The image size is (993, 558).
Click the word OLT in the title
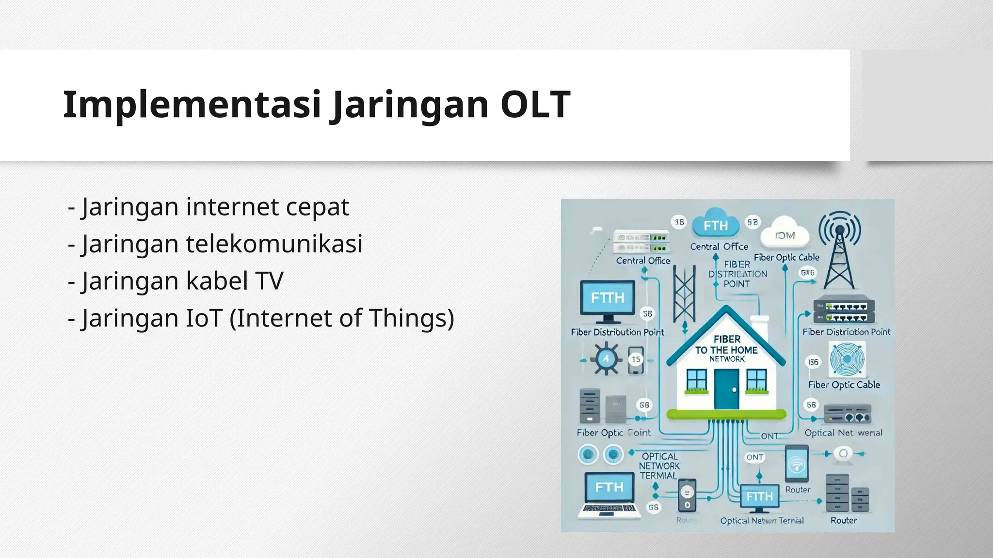pos(535,104)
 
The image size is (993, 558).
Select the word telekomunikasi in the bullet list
pos(274,244)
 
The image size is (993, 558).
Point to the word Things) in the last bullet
pos(412,318)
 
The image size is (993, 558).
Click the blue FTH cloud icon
pos(716,225)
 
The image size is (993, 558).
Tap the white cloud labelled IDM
pos(785,234)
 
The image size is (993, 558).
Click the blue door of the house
pos(726,389)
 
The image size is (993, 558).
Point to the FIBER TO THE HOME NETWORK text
pos(726,349)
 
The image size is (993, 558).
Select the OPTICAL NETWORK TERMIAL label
pos(659,466)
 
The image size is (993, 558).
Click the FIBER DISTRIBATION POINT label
pos(737,274)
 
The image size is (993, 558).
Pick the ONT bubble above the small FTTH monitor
pos(754,457)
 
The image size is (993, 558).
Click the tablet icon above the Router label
pos(796,464)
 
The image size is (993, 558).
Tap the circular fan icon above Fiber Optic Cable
pos(847,359)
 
